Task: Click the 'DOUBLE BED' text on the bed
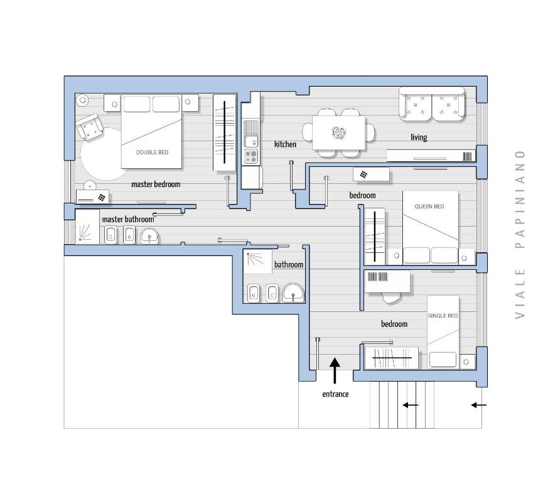point(152,153)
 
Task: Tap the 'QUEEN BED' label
point(429,206)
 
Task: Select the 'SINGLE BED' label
point(443,316)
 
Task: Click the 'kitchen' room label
point(285,144)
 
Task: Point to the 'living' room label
point(419,137)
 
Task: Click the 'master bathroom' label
point(127,219)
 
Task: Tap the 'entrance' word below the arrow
point(335,394)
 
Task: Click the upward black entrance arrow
point(335,370)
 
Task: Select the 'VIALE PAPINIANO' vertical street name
point(519,234)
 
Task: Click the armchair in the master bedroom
point(90,128)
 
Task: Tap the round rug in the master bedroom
point(100,154)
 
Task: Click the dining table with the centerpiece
point(339,132)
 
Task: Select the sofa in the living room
point(432,105)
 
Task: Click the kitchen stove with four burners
point(250,155)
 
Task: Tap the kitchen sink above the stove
point(250,141)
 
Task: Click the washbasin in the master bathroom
point(149,236)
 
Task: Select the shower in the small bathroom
point(257,262)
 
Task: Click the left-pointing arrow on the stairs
point(410,405)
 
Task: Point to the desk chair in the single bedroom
point(391,297)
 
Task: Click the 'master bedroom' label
point(156,185)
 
